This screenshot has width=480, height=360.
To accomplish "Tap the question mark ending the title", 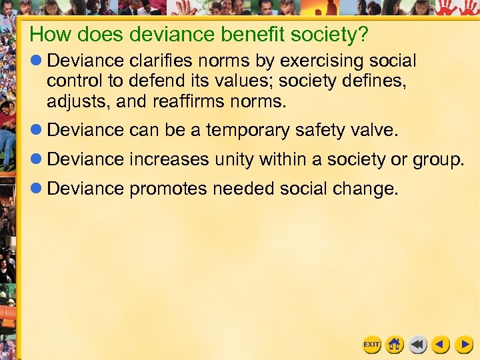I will click(364, 34).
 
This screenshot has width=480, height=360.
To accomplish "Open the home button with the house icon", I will click(395, 344).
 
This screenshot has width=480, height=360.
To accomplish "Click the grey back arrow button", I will click(418, 344).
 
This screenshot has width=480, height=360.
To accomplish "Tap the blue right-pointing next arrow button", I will click(464, 344).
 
